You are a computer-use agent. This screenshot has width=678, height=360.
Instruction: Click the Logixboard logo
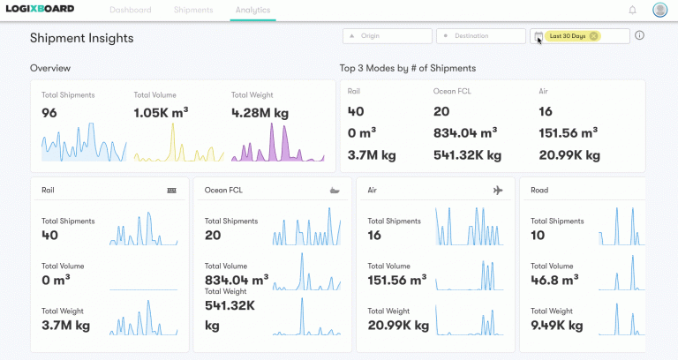[x=40, y=10]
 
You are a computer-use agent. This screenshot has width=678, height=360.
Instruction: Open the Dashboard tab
[x=131, y=11]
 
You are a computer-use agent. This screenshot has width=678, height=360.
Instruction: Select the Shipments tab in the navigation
[x=192, y=11]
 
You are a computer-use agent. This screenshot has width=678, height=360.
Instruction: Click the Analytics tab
[x=253, y=11]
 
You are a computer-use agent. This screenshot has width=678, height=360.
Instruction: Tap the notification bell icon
[x=632, y=11]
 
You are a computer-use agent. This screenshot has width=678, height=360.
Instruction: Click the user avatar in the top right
[x=659, y=11]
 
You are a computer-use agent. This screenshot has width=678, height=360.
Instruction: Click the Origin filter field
[x=388, y=36]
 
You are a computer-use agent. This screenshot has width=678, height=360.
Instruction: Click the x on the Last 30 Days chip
[x=593, y=36]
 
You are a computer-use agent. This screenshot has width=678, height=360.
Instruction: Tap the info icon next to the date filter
[x=640, y=36]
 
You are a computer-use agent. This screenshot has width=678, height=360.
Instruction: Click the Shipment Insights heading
[x=81, y=38]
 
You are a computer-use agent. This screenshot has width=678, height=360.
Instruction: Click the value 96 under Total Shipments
[x=49, y=113]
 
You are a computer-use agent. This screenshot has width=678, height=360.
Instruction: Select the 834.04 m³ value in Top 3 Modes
[x=464, y=132]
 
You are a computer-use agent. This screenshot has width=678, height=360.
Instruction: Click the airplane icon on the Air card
[x=498, y=190]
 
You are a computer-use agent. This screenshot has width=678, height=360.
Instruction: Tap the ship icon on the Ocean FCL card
[x=333, y=190]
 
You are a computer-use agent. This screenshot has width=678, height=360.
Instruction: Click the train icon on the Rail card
[x=171, y=190]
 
